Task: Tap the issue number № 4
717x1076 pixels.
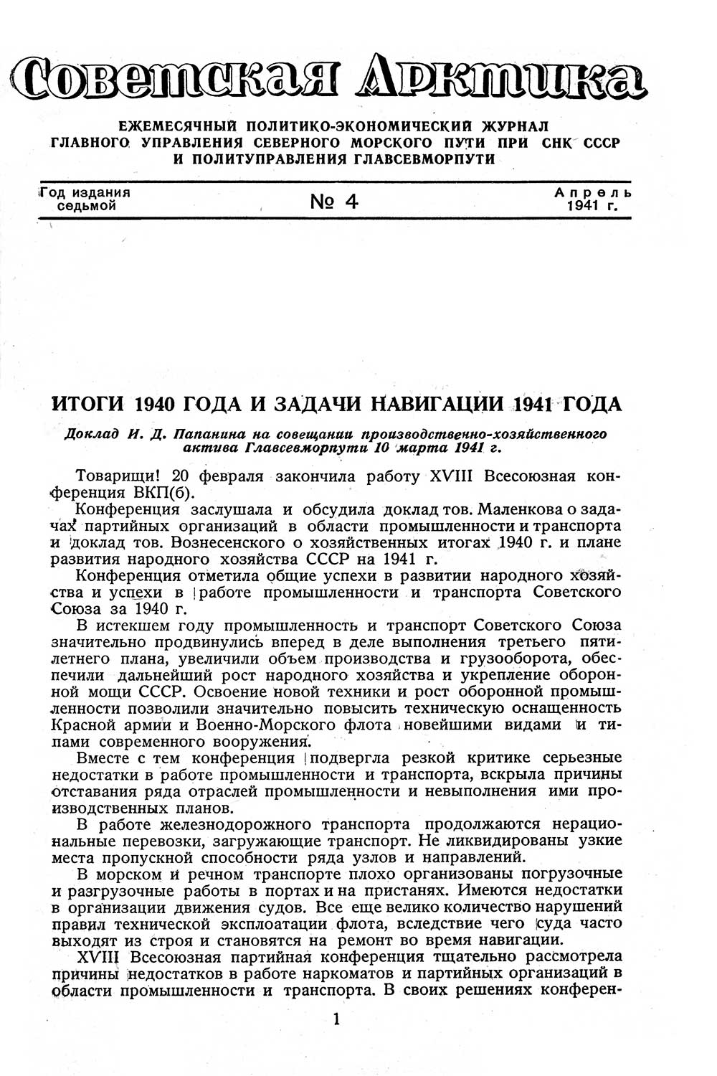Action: [x=334, y=202]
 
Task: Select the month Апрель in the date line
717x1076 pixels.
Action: [x=593, y=193]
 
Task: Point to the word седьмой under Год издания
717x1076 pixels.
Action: [x=86, y=207]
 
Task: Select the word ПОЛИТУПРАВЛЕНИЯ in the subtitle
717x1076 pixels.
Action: [x=264, y=159]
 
